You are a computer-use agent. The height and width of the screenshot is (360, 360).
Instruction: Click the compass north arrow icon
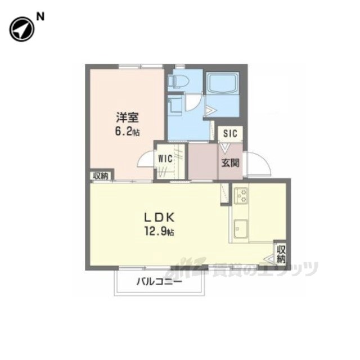point(22,29)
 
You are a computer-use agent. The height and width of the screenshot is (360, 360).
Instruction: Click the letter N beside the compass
point(40,17)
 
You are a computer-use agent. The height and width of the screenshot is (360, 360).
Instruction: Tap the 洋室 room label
point(127,118)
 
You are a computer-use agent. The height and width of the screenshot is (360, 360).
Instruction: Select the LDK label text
point(159,218)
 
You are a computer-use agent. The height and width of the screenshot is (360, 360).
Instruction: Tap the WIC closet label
point(165,159)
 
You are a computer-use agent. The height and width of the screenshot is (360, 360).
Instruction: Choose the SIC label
point(230,133)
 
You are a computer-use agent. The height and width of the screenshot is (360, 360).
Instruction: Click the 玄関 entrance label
point(230,163)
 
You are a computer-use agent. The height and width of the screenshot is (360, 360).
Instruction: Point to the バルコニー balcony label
point(159,281)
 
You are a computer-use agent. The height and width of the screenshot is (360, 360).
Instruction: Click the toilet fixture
point(178,81)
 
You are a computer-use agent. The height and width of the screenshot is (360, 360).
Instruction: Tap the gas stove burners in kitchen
point(241,196)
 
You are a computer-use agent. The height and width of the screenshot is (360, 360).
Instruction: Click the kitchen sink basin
point(241,229)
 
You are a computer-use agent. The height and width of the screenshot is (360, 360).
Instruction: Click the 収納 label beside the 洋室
point(101,176)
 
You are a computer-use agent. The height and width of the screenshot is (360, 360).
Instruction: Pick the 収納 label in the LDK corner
point(281,254)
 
